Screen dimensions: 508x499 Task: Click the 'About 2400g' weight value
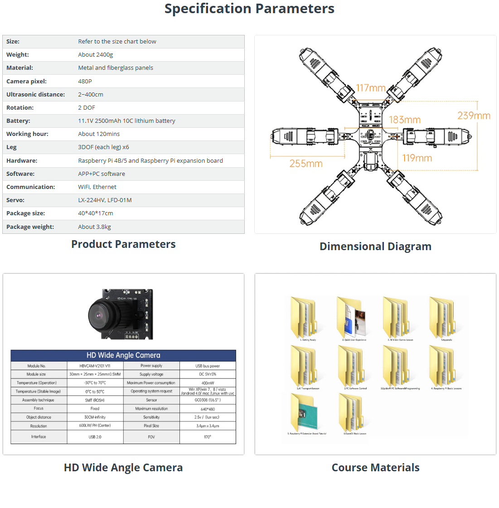(x=96, y=55)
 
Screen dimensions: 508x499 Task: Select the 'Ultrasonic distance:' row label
(x=35, y=94)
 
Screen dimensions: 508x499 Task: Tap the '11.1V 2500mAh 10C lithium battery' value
(x=126, y=121)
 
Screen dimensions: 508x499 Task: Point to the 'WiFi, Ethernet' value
(x=97, y=187)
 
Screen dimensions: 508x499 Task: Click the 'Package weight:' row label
(x=30, y=227)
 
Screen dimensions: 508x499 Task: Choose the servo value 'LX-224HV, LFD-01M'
(x=105, y=200)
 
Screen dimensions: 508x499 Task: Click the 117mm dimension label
(x=371, y=88)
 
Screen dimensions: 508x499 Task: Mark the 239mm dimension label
(x=474, y=116)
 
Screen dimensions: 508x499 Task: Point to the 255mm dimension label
(x=306, y=164)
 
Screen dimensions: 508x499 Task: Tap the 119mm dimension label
(x=417, y=158)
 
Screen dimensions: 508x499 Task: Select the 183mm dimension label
(x=405, y=120)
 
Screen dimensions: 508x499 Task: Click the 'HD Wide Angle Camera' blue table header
(x=123, y=355)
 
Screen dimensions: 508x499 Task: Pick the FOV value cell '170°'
(x=208, y=437)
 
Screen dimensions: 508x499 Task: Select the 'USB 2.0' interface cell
(x=95, y=437)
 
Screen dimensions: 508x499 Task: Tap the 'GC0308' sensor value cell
(x=208, y=400)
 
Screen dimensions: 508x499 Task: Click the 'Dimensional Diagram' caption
(x=375, y=247)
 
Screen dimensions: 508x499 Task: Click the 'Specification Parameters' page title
(x=249, y=9)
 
